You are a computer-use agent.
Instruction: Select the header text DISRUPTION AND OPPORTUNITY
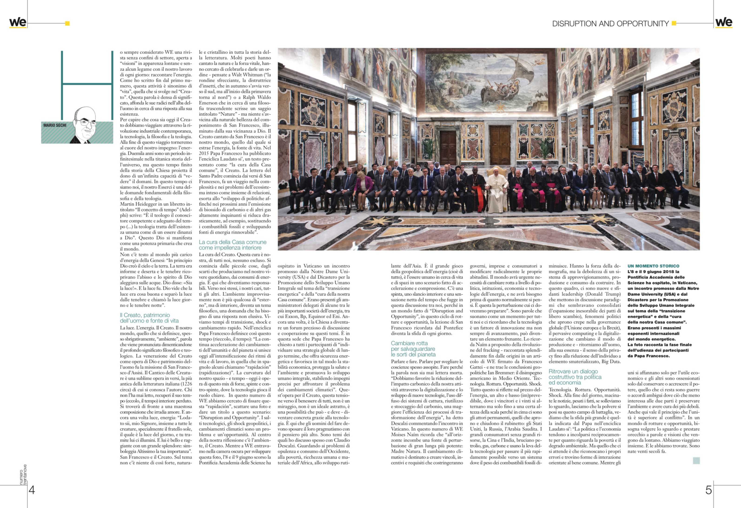pos(610,24)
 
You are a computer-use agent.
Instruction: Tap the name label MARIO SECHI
pos(55,125)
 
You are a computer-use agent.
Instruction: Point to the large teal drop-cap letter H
pos(87,85)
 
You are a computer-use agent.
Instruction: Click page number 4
pos(32,490)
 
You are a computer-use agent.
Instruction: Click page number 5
pos(708,490)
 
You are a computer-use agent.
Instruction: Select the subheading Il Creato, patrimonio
pos(145,315)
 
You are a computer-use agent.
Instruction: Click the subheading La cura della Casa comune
pos(232,242)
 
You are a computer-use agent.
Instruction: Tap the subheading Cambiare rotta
pos(409,343)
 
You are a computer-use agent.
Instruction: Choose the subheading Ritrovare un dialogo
pos(573,371)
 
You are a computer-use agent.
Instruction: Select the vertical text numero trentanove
pos(23,474)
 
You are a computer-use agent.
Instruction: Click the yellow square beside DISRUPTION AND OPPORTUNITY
pos(674,23)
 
